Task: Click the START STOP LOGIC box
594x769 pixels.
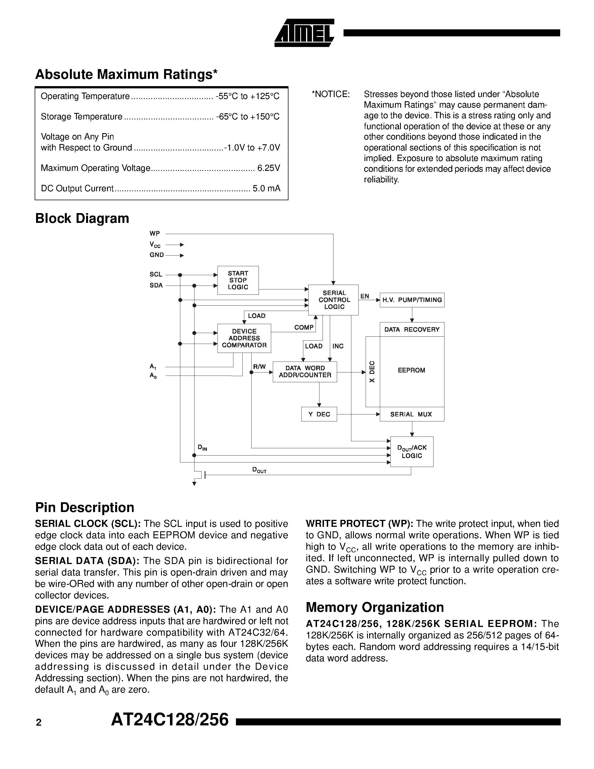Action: (x=238, y=280)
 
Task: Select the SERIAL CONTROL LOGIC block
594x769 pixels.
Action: (x=333, y=300)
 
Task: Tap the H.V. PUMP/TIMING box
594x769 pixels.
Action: (x=412, y=300)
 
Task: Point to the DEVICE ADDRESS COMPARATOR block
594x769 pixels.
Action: (x=244, y=338)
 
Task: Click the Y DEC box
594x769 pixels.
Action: (x=319, y=414)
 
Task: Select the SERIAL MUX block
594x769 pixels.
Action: (x=412, y=414)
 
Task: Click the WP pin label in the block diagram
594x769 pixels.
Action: (x=155, y=233)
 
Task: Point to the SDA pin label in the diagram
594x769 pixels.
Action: (x=156, y=286)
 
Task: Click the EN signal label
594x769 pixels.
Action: (x=365, y=296)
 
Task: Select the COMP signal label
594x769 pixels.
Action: (x=304, y=327)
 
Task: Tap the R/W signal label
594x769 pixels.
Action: (x=259, y=367)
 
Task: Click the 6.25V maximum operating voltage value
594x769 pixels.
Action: (x=269, y=168)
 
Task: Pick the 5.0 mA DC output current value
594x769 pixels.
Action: (x=266, y=189)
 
